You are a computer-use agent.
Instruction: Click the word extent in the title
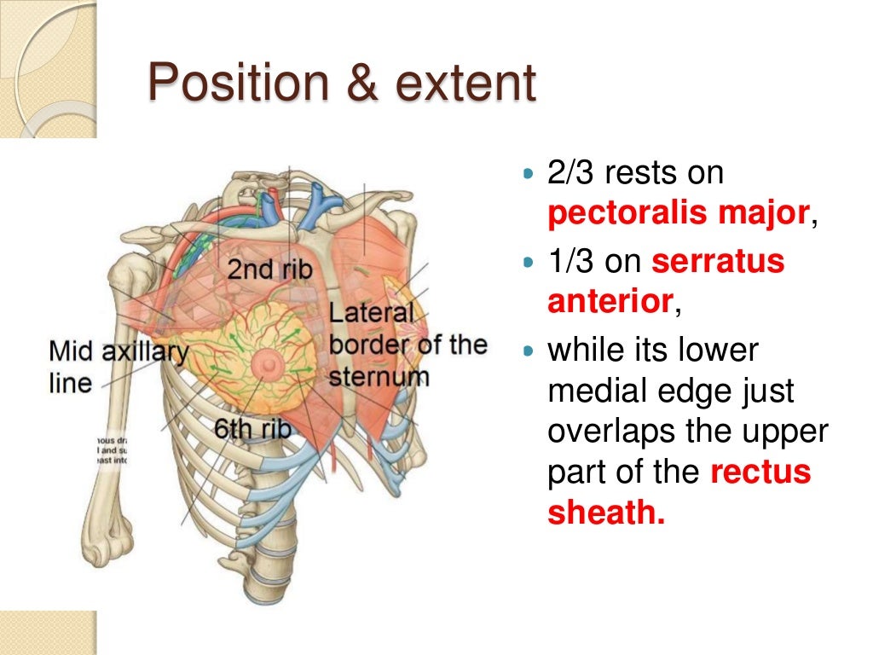pyautogui.click(x=465, y=84)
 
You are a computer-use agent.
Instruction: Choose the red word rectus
pyautogui.click(x=760, y=472)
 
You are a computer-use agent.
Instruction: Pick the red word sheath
pyautogui.click(x=605, y=513)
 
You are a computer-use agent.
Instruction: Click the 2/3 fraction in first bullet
pyautogui.click(x=570, y=174)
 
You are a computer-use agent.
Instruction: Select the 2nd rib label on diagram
pyautogui.click(x=269, y=269)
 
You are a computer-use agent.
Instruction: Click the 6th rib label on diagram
pyautogui.click(x=252, y=428)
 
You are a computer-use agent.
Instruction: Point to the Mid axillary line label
pyautogui.click(x=118, y=366)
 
